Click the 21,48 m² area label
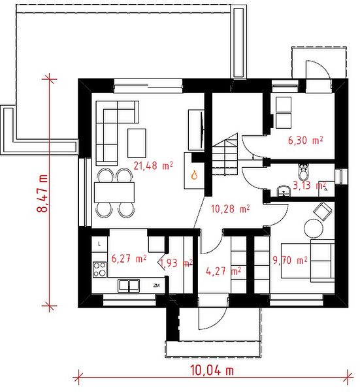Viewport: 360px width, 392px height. (x=154, y=165)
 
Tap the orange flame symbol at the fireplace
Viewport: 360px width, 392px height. (x=194, y=174)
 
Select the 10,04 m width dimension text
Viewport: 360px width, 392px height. (x=212, y=370)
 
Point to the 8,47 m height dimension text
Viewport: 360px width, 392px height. (x=42, y=193)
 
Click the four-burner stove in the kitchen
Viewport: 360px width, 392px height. (x=99, y=269)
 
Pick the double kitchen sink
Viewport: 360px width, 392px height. (x=129, y=286)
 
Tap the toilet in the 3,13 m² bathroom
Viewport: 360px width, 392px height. (x=304, y=172)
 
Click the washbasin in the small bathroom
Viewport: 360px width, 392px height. (x=284, y=191)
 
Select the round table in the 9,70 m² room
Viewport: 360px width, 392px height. (x=313, y=228)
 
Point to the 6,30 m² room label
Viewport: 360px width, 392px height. (x=305, y=140)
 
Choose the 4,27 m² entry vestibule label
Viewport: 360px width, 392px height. (x=223, y=271)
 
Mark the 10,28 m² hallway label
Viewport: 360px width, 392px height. (x=230, y=209)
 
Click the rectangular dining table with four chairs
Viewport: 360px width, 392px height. (x=114, y=193)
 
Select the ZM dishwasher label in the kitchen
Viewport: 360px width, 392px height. (x=157, y=286)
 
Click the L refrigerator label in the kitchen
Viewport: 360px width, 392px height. (x=99, y=244)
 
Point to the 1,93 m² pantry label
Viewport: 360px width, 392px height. (x=176, y=263)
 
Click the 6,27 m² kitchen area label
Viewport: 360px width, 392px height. (x=129, y=259)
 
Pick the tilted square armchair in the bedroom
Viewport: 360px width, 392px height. (x=323, y=212)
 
